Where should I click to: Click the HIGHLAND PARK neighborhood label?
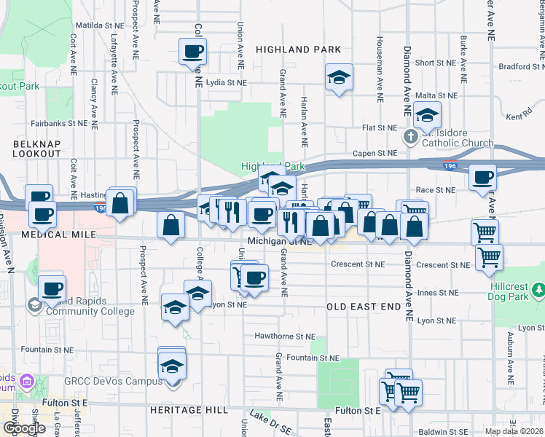[x=299, y=50]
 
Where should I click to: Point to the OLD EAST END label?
[x=363, y=307]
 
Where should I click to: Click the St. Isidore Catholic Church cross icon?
[x=410, y=136]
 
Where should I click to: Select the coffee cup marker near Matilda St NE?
[x=193, y=52]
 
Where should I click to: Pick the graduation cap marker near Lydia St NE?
[x=338, y=77]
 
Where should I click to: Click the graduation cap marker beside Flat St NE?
[x=428, y=114]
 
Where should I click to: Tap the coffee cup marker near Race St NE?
[x=482, y=177]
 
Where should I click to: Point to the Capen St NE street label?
[x=375, y=154]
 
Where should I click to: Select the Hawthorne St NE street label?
[x=285, y=336]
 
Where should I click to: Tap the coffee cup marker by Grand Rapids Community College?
[x=52, y=288]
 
